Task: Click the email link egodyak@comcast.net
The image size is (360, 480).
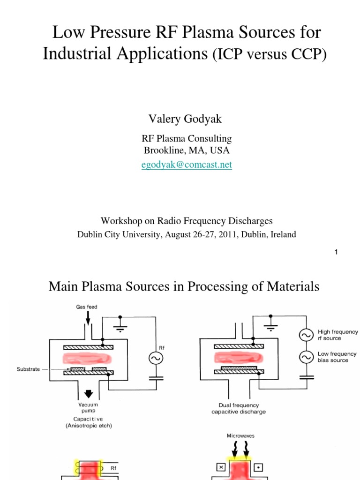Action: [x=187, y=165]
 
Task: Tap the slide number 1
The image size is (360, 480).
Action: [x=336, y=252]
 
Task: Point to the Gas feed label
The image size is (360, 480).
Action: [x=87, y=307]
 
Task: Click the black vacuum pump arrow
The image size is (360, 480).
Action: [x=88, y=393]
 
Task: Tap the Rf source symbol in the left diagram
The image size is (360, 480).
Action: [x=155, y=359]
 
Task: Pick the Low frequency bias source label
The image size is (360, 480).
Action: [x=337, y=357]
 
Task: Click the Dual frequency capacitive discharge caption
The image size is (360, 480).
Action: [x=239, y=408]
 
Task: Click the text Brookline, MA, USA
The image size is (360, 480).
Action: [x=186, y=150]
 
